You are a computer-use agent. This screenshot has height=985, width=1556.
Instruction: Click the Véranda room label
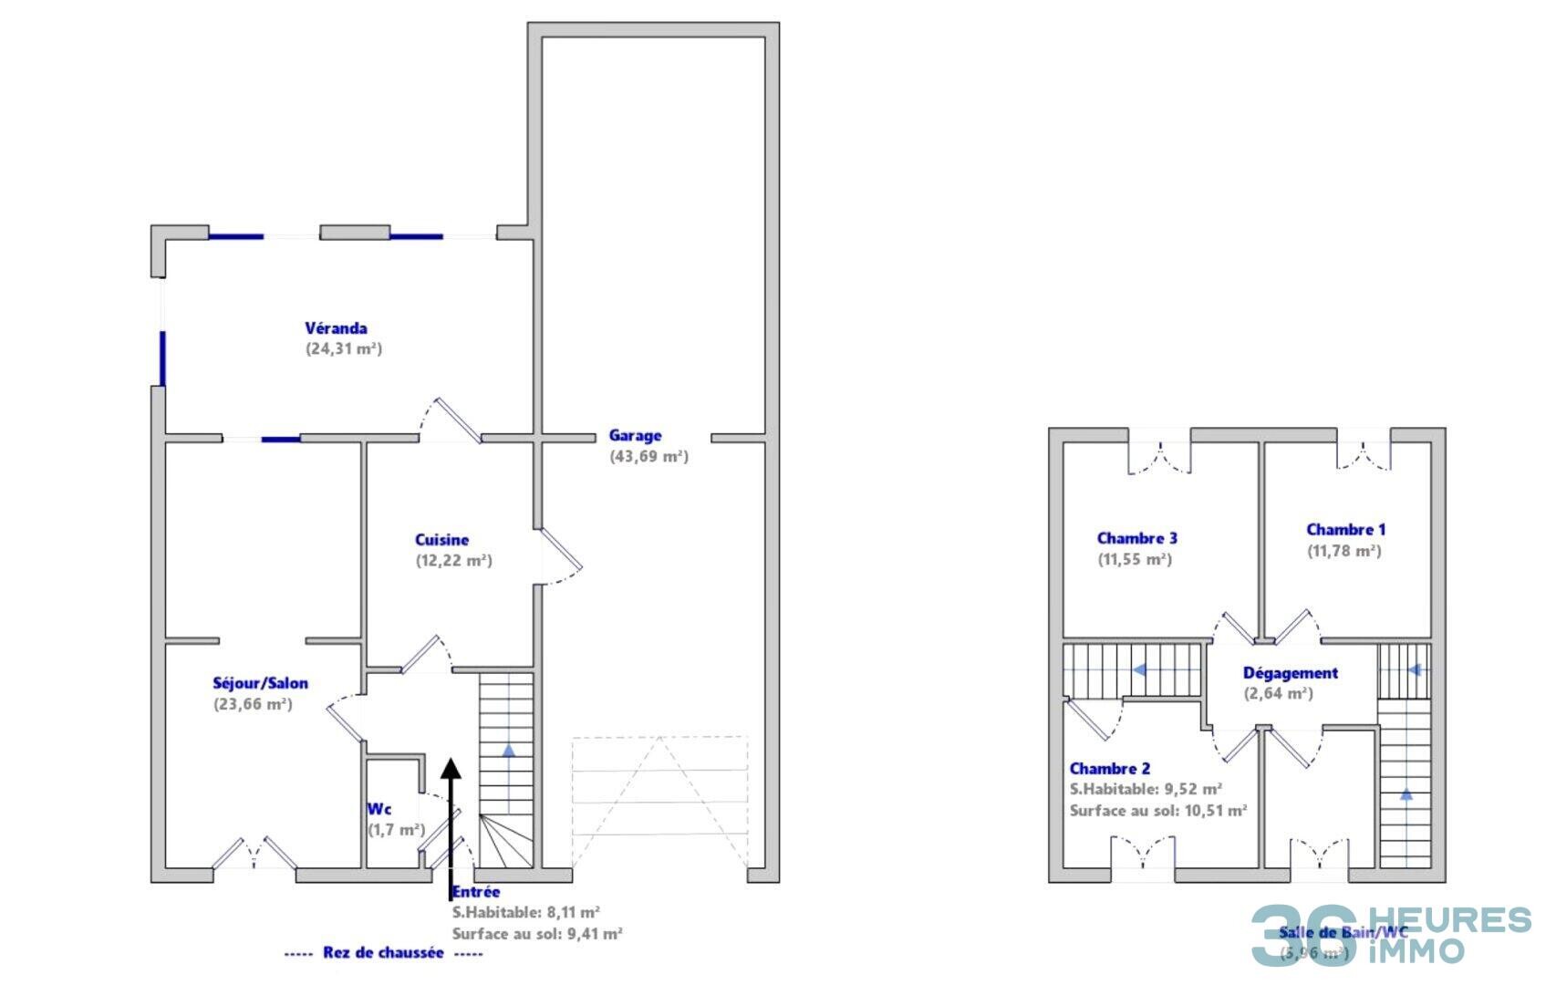point(336,328)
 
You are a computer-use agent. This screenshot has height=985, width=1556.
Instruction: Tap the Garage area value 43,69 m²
point(648,457)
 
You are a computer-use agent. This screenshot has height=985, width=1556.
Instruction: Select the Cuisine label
point(441,540)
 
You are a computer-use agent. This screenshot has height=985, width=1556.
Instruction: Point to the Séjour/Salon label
point(260,683)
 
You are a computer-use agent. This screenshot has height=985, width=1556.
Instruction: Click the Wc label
point(379,809)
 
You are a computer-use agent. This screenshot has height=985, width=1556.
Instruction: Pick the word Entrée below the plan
point(476,892)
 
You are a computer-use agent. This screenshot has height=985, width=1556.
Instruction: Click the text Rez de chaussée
point(383,953)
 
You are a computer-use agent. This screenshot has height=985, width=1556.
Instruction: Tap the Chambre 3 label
point(1136,538)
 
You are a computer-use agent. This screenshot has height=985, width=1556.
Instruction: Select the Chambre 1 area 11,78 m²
point(1344,551)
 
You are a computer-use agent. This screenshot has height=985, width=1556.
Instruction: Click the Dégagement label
point(1290,673)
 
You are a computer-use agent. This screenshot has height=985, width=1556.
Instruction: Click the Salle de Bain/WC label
point(1343,932)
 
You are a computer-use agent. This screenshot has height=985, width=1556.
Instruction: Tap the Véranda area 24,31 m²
point(344,349)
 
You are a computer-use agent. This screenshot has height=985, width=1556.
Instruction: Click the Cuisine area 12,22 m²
point(454,561)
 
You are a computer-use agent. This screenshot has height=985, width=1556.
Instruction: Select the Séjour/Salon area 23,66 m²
point(253,704)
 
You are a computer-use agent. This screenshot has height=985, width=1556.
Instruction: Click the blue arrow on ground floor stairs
point(507,751)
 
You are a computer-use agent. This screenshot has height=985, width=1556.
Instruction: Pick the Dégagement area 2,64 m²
point(1279,693)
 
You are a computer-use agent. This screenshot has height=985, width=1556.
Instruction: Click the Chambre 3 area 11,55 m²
point(1135,559)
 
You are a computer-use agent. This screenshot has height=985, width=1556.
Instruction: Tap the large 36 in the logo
point(1304,936)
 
